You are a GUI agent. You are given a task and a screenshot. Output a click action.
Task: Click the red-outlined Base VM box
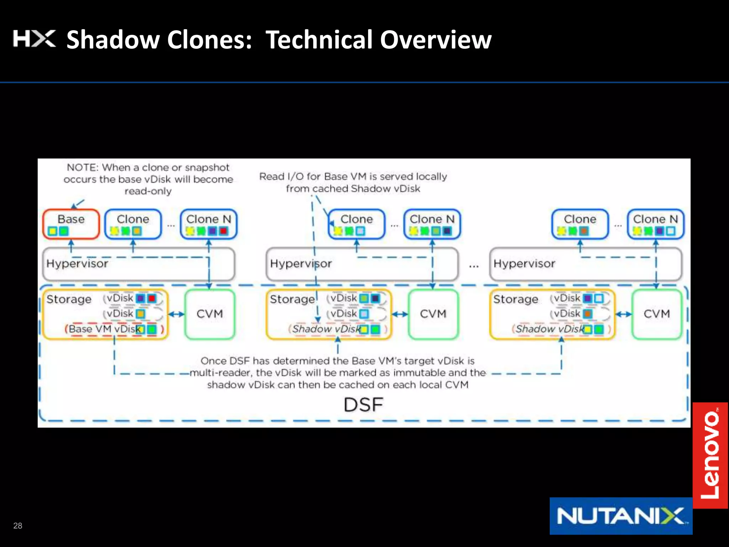click(x=71, y=224)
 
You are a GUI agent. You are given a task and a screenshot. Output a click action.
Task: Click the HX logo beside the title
click(x=34, y=38)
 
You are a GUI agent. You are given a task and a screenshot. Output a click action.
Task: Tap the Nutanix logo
click(x=621, y=516)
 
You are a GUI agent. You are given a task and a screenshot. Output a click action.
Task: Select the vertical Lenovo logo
click(x=710, y=455)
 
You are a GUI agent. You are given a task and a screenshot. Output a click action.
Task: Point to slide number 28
click(x=17, y=526)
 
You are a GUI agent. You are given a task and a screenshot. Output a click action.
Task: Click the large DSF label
click(x=363, y=405)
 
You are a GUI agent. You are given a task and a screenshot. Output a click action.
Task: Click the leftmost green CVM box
click(x=210, y=314)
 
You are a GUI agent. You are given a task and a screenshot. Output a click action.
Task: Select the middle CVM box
click(x=433, y=314)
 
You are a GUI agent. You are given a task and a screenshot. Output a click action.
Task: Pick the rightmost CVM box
click(x=656, y=314)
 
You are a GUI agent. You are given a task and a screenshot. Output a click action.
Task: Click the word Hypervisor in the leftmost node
click(x=77, y=264)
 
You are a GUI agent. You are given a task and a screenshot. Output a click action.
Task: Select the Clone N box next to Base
click(x=209, y=224)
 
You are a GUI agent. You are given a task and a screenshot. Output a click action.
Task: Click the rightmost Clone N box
click(x=655, y=224)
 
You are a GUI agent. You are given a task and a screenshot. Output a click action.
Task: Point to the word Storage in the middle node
click(x=292, y=299)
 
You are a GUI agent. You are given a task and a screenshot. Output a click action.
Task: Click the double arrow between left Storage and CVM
click(x=176, y=314)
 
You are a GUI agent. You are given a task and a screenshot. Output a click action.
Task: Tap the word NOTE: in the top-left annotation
click(x=83, y=167)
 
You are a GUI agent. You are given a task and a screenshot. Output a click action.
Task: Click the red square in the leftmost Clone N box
click(x=224, y=231)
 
